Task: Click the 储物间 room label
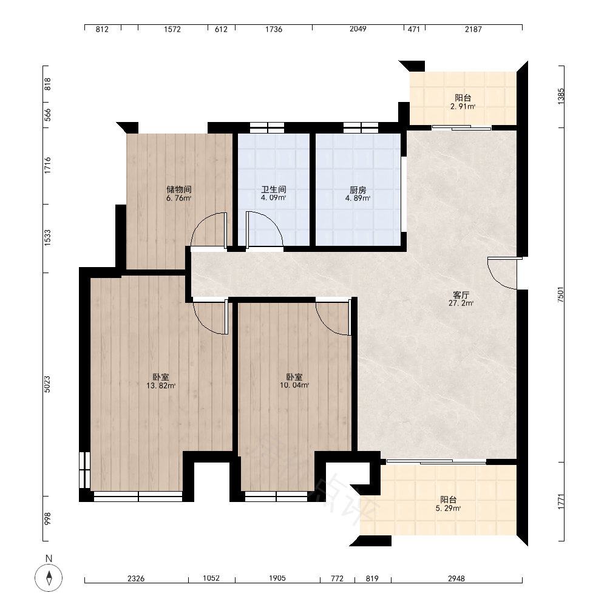pyautogui.click(x=179, y=189)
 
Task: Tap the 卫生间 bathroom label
pyautogui.click(x=274, y=189)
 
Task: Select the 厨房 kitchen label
pyautogui.click(x=358, y=190)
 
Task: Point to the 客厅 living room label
pyautogui.click(x=461, y=295)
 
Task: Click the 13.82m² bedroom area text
pyautogui.click(x=161, y=385)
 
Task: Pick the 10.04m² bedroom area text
pyautogui.click(x=294, y=385)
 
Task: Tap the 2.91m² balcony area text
pyautogui.click(x=463, y=106)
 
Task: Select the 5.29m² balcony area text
pyautogui.click(x=449, y=509)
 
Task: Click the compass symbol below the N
pyautogui.click(x=49, y=578)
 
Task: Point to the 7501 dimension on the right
pyautogui.click(x=561, y=294)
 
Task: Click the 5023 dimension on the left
pyautogui.click(x=47, y=384)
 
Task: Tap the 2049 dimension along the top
pyautogui.click(x=358, y=29)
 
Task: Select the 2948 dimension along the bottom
pyautogui.click(x=456, y=578)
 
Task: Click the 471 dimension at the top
pyautogui.click(x=414, y=29)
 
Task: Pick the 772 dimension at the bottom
pyautogui.click(x=337, y=578)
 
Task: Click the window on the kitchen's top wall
pyautogui.click(x=361, y=127)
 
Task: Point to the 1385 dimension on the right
pyautogui.click(x=561, y=97)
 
